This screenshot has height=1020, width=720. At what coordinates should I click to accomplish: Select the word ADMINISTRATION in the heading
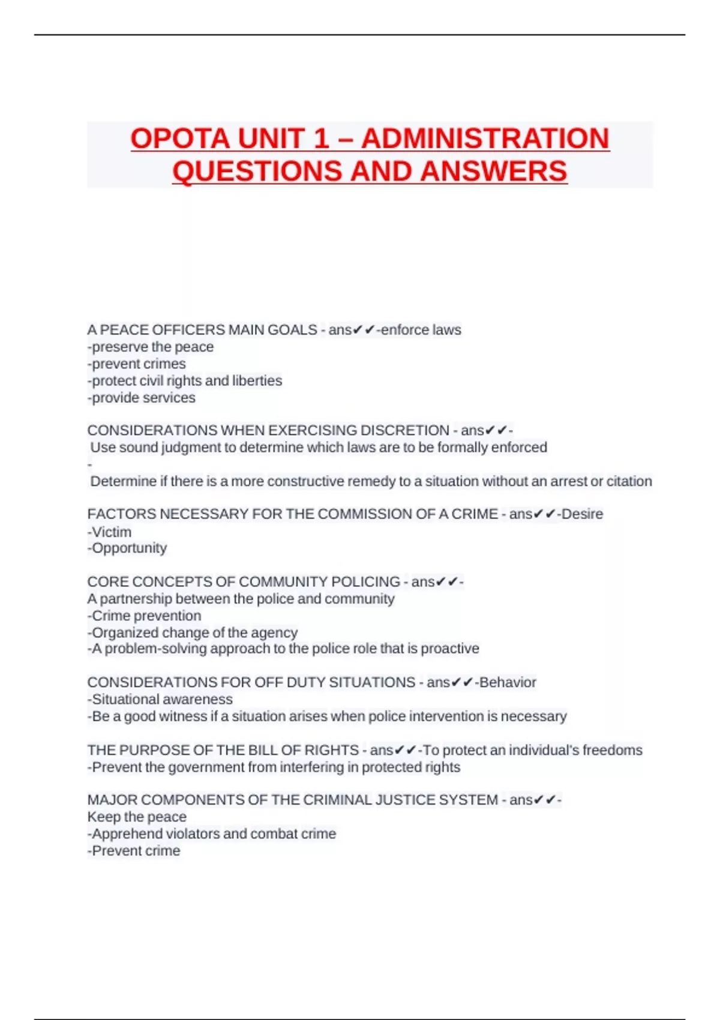485,139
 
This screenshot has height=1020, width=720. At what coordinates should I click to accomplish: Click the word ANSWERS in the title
493,171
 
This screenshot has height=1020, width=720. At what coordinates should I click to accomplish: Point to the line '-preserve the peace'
151,347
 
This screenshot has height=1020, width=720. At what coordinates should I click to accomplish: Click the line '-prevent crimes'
137,364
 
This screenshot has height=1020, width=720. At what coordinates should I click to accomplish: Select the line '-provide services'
142,398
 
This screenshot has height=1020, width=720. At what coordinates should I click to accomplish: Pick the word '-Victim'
109,532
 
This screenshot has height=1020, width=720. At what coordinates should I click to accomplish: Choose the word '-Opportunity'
127,548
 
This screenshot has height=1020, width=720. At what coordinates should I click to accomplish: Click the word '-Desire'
580,514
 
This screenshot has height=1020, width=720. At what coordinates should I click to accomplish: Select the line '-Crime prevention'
145,616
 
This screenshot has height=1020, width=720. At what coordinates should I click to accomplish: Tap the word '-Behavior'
506,682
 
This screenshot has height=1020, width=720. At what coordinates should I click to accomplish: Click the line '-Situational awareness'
160,699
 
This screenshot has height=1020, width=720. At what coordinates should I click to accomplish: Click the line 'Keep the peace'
137,817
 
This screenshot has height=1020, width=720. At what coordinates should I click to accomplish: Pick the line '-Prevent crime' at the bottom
134,851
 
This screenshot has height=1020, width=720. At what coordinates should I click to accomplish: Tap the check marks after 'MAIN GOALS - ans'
364,330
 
